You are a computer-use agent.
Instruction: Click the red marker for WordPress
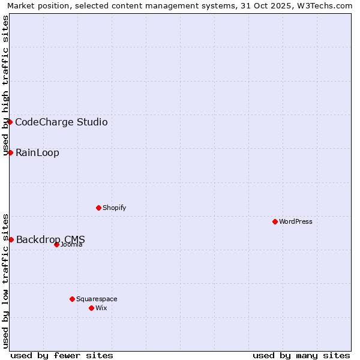[x=275, y=221]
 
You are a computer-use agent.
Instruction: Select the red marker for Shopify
[x=98, y=208]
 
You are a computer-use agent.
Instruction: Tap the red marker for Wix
[x=91, y=308]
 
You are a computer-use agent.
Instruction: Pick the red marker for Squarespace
[x=72, y=299]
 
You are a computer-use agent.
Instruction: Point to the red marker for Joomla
[x=56, y=244]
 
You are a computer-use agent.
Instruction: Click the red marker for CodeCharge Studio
[x=10, y=122]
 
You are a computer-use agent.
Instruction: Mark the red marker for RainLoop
[x=10, y=152]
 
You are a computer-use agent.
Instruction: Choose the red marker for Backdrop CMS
[x=11, y=239]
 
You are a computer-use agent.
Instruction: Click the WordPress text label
[x=296, y=221]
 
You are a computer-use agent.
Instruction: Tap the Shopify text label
[x=114, y=208]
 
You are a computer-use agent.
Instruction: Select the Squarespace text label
[x=97, y=299]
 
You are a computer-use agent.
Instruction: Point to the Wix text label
[x=101, y=308]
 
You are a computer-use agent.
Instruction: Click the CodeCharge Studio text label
[x=61, y=122]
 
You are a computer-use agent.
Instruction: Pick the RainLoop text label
[x=37, y=153]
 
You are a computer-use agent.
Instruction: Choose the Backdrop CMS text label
[x=50, y=240]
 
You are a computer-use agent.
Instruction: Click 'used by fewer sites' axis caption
[x=62, y=355]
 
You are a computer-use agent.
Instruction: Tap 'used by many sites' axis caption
[x=301, y=355]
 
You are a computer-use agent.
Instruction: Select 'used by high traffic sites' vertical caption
[x=5, y=85]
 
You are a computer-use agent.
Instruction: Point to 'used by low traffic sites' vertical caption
[x=5, y=281]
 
